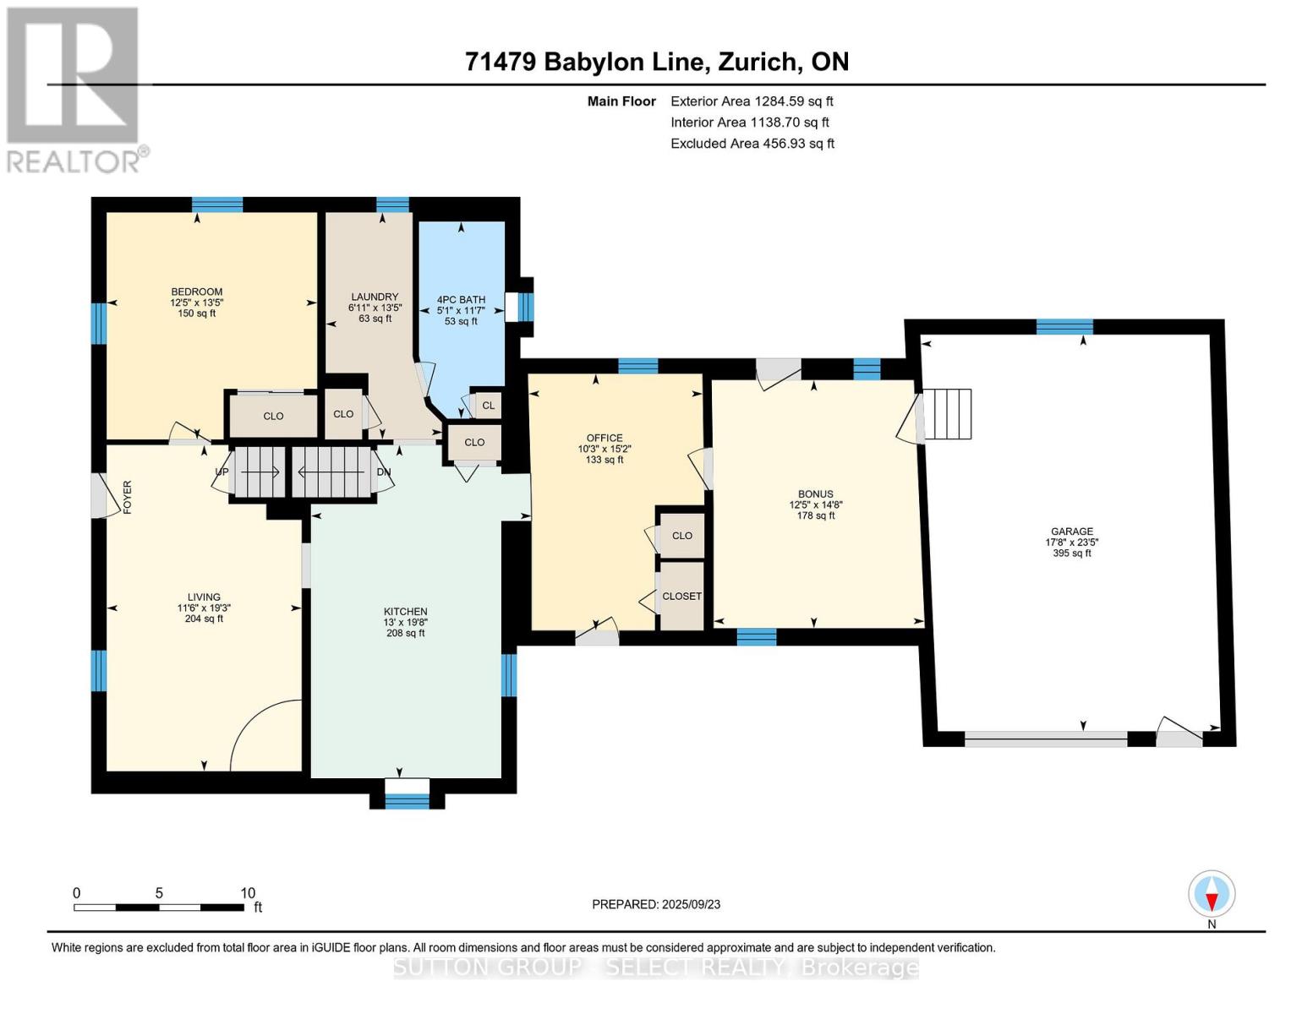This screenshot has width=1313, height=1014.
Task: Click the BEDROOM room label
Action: point(196,292)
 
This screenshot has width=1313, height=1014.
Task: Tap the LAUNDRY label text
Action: point(375,297)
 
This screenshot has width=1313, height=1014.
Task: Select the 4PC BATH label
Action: point(461,299)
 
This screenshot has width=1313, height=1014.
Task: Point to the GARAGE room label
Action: point(1071,532)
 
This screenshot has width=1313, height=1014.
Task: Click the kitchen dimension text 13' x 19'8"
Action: point(406,622)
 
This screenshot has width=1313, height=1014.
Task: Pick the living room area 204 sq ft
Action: point(204,619)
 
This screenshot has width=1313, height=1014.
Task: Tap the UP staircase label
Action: point(222,472)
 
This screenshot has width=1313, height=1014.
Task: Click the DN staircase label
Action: point(384,472)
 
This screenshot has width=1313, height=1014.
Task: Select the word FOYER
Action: point(127,497)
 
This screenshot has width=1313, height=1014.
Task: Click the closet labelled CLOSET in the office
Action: point(681,596)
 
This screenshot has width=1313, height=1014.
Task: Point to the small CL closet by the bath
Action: point(488,406)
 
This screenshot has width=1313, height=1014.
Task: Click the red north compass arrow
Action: point(1212,902)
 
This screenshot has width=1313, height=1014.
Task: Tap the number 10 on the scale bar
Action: point(248,892)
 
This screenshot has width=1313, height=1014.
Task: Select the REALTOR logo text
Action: point(73,161)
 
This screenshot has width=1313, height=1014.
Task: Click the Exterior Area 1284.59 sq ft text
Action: point(752,101)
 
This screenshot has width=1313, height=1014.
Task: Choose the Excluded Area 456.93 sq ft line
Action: point(752,144)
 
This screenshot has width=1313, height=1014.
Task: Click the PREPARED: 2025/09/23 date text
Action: point(656,904)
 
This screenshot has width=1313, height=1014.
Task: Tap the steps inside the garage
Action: point(948,414)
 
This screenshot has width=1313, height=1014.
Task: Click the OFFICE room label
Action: point(605,438)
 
